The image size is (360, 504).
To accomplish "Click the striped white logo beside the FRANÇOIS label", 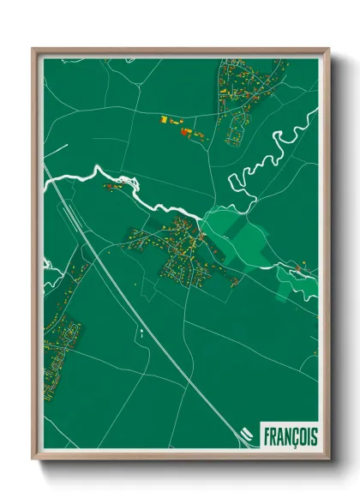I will [x=245, y=435].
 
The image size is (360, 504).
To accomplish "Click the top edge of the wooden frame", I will [x=180, y=51].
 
